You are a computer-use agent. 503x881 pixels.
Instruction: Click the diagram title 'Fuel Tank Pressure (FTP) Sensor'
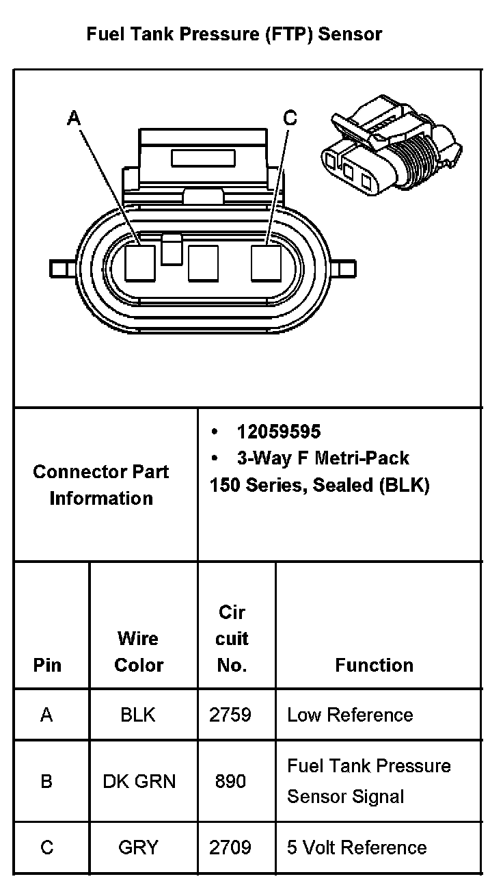[x=234, y=34]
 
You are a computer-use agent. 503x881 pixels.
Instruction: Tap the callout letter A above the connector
[x=74, y=118]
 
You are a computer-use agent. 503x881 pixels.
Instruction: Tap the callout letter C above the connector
[x=290, y=118]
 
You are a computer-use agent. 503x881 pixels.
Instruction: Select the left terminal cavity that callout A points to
[x=140, y=263]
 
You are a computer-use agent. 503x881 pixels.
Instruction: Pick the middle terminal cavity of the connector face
[x=203, y=263]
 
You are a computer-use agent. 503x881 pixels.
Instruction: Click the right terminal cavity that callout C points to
[x=266, y=263]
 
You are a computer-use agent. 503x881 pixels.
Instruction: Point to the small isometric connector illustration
[x=392, y=145]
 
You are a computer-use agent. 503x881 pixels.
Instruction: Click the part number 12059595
[x=279, y=432]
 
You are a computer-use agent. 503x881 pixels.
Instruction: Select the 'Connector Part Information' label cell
[x=101, y=485]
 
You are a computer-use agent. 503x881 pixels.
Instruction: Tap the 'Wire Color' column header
[x=138, y=652]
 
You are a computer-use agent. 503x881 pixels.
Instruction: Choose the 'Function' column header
[x=374, y=665]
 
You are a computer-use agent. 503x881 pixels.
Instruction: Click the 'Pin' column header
[x=47, y=665]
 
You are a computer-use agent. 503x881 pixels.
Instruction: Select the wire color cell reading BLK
[x=138, y=715]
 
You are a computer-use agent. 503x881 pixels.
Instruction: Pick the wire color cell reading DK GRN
[x=139, y=781]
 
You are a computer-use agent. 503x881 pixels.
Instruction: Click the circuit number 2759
[x=230, y=715]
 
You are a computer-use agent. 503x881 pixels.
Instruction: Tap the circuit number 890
[x=230, y=781]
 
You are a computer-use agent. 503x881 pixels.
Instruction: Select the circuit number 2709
[x=230, y=847]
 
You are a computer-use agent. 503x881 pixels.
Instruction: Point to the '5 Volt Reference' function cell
[x=357, y=847]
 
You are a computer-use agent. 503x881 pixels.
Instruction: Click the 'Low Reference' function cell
[x=350, y=715]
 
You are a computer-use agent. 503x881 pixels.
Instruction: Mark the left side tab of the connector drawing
[x=63, y=269]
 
